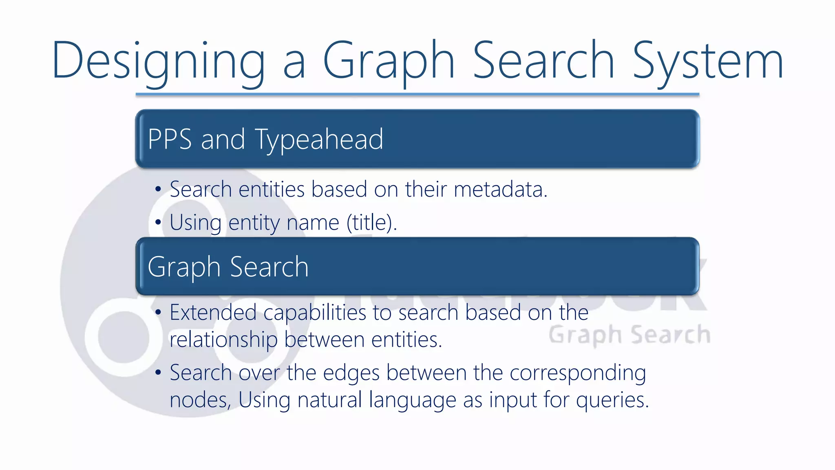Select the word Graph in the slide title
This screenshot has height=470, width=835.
pyautogui.click(x=389, y=61)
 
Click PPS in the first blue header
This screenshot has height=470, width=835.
pyautogui.click(x=169, y=139)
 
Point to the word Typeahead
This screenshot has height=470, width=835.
pyautogui.click(x=319, y=140)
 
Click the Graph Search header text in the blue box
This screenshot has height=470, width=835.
pyautogui.click(x=228, y=267)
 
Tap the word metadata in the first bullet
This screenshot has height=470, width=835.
pyautogui.click(x=500, y=189)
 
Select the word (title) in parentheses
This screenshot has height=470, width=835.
pyautogui.click(x=371, y=223)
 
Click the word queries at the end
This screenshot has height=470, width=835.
pyautogui.click(x=612, y=400)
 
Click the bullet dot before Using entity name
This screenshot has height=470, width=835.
pyautogui.click(x=158, y=223)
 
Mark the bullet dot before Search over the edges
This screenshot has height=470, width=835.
pyautogui.click(x=158, y=372)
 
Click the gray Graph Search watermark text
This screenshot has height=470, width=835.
pyautogui.click(x=629, y=335)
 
